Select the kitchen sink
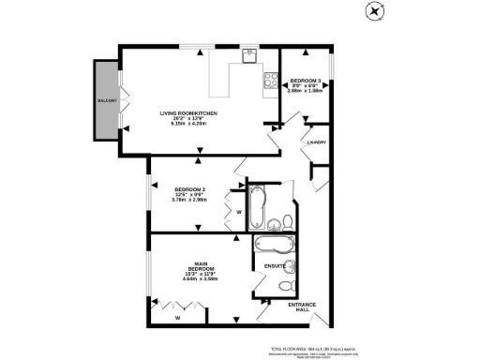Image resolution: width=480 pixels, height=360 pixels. (x=247, y=55)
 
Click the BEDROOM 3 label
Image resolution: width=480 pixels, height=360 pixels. (x=307, y=81)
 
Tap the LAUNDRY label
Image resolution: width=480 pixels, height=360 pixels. (x=316, y=142)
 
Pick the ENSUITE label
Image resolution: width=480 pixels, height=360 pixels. (x=275, y=266)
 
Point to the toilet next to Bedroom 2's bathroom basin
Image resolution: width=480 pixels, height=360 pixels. (x=289, y=221)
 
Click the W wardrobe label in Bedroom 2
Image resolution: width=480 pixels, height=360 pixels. (x=239, y=212)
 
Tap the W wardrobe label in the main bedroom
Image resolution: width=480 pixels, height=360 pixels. (x=176, y=318)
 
